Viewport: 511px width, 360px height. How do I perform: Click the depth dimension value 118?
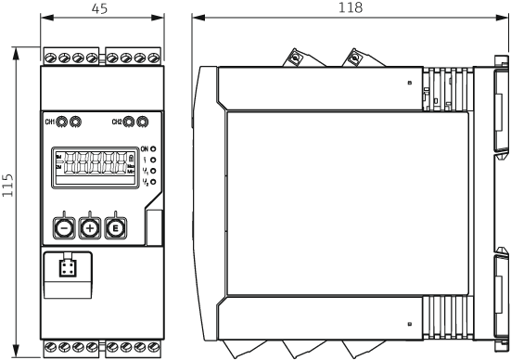351,7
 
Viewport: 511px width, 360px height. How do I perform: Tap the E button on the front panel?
115,227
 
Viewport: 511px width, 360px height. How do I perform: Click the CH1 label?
49,122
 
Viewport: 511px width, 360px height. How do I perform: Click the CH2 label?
117,122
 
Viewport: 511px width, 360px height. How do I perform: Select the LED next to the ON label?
153,149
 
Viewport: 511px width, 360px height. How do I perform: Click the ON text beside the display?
145,149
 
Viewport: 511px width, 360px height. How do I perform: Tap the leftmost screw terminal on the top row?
51,58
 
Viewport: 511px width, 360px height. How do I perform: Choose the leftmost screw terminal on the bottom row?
51,348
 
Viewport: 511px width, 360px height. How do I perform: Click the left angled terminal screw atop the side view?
295,58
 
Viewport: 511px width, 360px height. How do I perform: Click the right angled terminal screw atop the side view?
353,58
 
